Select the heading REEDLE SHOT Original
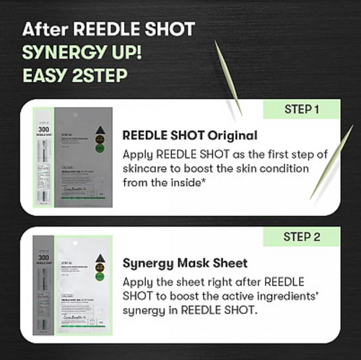tap(190, 135)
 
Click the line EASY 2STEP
tap(69, 76)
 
